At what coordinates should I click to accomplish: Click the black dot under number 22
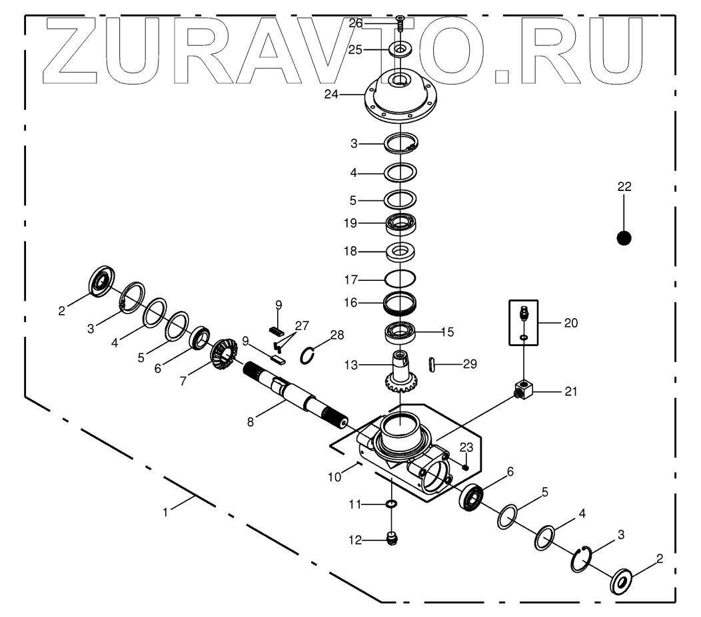(624, 238)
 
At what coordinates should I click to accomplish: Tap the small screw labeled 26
(400, 25)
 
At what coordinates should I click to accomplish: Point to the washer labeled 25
(400, 49)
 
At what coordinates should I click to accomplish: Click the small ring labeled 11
(392, 504)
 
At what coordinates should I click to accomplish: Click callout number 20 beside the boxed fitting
(570, 323)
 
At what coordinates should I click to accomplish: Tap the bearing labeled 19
(400, 224)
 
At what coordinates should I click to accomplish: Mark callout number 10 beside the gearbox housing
(335, 477)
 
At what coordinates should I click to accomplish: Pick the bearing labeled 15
(400, 330)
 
